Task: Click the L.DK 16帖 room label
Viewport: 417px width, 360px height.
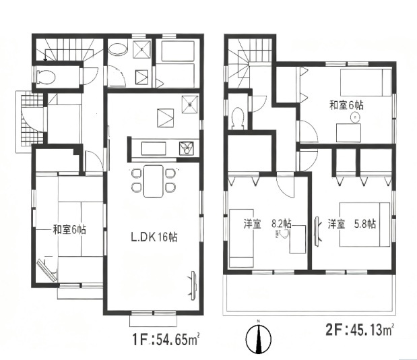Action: (x=154, y=237)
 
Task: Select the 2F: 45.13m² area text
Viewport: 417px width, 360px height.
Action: (x=360, y=331)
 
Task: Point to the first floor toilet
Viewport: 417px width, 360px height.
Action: (x=46, y=77)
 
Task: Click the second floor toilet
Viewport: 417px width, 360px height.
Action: (x=238, y=118)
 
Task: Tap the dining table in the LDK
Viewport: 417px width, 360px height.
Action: (x=153, y=181)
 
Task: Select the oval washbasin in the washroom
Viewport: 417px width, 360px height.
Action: (x=117, y=49)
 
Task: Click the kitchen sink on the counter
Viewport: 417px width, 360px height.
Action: (x=187, y=148)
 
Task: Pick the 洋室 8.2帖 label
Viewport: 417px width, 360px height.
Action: (x=267, y=224)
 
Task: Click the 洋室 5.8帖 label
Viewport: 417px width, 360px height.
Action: (x=352, y=224)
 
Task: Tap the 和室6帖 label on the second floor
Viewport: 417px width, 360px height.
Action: (x=346, y=106)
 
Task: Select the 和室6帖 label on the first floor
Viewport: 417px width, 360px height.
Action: (x=69, y=229)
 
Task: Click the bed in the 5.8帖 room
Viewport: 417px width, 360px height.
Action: (x=364, y=224)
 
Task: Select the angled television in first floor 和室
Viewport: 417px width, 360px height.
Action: (x=47, y=270)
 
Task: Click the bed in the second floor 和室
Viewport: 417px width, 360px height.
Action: (x=366, y=82)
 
